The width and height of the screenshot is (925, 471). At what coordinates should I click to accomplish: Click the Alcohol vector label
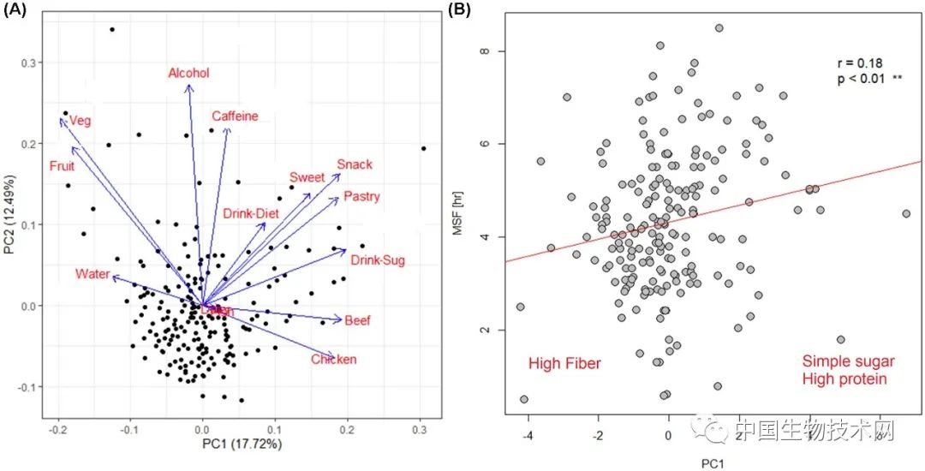click(188, 74)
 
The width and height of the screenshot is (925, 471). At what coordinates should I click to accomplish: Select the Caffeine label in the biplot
click(235, 116)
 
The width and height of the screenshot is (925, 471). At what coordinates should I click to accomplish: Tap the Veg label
click(80, 121)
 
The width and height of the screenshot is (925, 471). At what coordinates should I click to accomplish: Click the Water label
click(92, 275)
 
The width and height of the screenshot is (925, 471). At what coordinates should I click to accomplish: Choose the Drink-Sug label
click(378, 260)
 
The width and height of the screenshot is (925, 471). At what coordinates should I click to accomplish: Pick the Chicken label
click(333, 360)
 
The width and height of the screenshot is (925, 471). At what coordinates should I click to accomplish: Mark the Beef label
click(358, 321)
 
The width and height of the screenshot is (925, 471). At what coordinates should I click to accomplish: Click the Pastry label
click(361, 197)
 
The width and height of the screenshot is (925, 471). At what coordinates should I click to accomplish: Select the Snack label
click(355, 164)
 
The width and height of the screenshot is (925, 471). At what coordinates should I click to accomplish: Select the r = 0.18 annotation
click(859, 63)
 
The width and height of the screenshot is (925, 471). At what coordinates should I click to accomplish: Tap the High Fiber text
click(564, 364)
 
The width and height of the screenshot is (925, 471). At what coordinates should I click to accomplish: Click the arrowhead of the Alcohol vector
click(189, 86)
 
